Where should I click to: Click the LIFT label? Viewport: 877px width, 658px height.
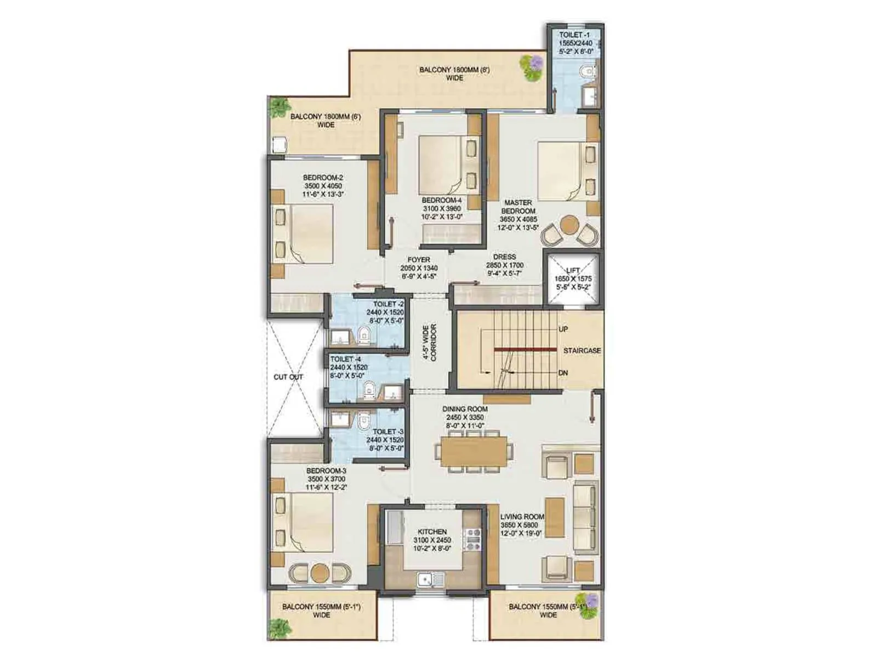[x=573, y=270]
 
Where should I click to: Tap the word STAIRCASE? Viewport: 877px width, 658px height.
[x=582, y=350]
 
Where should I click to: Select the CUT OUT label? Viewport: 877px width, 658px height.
[x=288, y=377]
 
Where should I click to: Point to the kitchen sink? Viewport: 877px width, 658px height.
[x=431, y=579]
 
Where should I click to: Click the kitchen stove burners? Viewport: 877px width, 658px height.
[x=472, y=538]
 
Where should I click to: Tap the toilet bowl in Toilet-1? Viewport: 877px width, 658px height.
[x=589, y=71]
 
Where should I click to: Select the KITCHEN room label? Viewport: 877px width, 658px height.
[x=432, y=532]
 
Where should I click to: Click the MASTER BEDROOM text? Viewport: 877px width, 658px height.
[x=518, y=207]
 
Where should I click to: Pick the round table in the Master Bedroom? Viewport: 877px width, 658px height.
[x=570, y=224]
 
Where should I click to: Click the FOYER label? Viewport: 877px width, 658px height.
[x=419, y=260]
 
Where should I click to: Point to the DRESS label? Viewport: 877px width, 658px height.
[x=504, y=257]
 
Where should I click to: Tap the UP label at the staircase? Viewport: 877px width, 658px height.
[x=563, y=329]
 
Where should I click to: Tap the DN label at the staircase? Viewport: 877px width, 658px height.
[x=563, y=373]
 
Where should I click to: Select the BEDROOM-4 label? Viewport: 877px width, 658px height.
[x=442, y=200]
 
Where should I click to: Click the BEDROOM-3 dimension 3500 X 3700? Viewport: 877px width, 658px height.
[x=326, y=479]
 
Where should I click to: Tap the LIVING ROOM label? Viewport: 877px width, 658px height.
[x=522, y=517]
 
